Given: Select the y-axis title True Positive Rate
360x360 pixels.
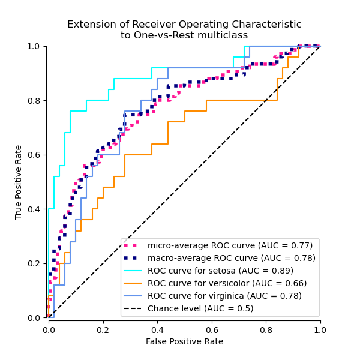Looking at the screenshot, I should click(x=19, y=182).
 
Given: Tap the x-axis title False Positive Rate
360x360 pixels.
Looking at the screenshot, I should click(x=184, y=341).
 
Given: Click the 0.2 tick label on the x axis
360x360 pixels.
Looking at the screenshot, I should click(x=103, y=330).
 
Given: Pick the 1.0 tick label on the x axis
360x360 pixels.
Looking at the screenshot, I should click(x=320, y=330).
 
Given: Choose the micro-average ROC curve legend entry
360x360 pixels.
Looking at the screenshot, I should click(x=230, y=245).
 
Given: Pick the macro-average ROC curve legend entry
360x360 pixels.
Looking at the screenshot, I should click(x=231, y=258).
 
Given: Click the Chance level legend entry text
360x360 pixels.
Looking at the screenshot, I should click(x=200, y=308).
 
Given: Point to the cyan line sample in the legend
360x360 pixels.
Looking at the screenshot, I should click(x=134, y=271).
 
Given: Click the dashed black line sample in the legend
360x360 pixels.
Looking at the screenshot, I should click(x=134, y=308).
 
